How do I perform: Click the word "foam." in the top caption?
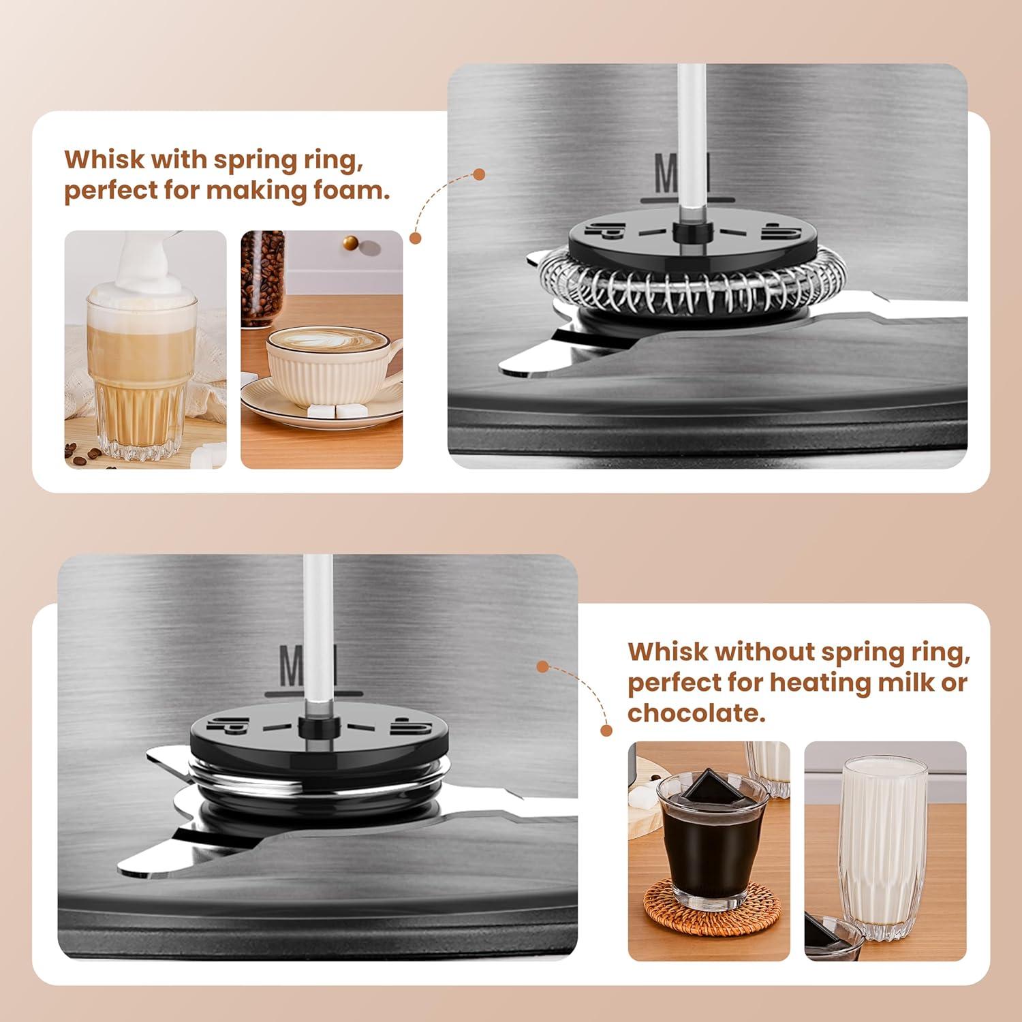(351, 190)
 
